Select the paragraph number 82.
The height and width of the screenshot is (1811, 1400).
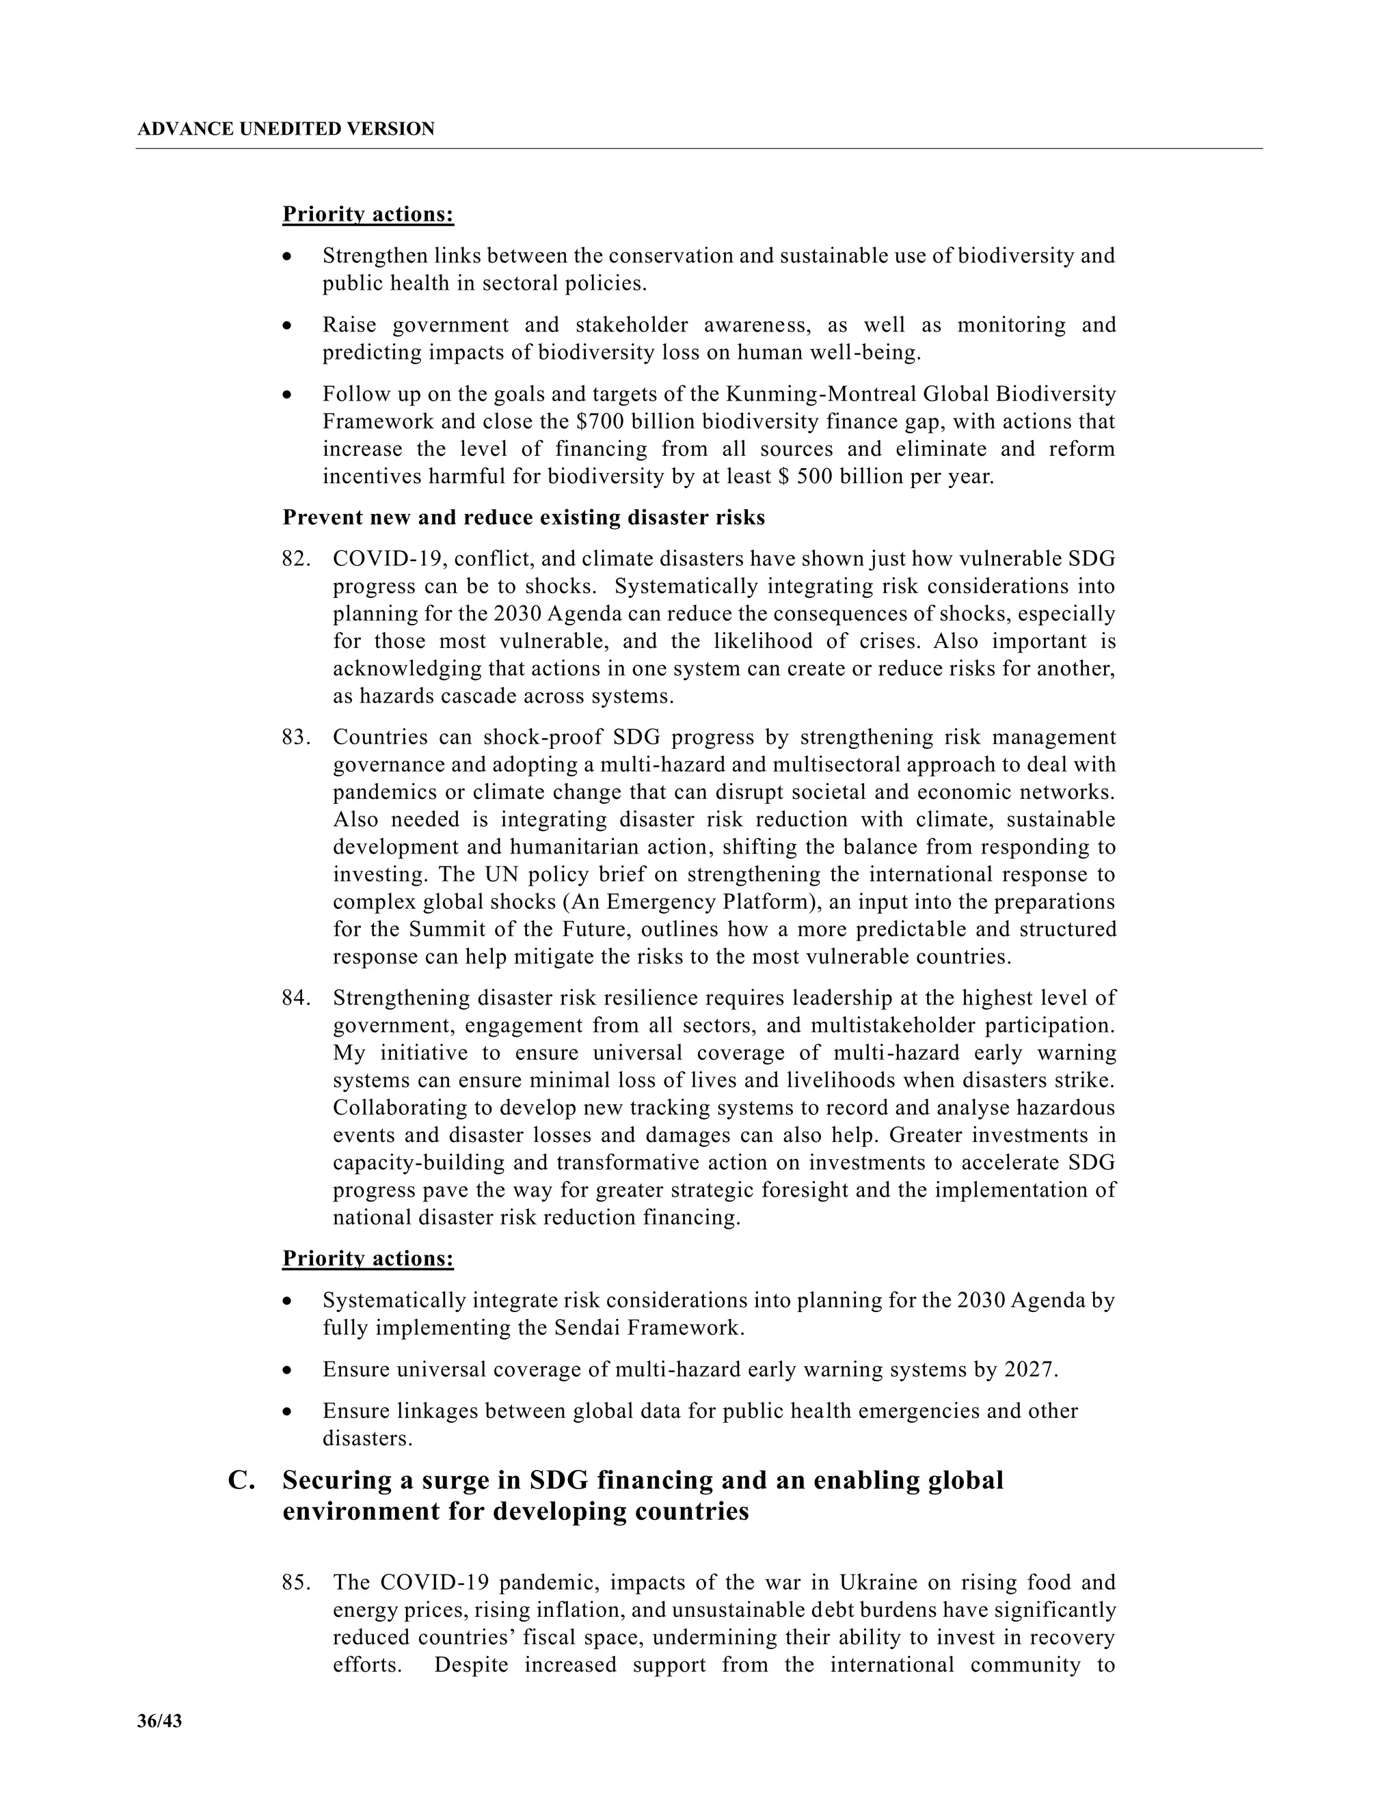click(x=295, y=559)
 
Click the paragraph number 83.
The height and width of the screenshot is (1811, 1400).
click(x=295, y=737)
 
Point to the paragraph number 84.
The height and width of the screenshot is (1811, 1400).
click(x=295, y=998)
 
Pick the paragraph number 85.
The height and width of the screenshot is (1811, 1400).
click(x=295, y=1582)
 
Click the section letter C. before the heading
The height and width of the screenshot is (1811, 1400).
click(x=241, y=1480)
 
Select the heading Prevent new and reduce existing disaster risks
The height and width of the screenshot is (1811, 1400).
click(x=524, y=517)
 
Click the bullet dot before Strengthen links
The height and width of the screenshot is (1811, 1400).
click(x=288, y=257)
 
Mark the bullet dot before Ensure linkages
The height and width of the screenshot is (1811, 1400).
click(x=288, y=1411)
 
